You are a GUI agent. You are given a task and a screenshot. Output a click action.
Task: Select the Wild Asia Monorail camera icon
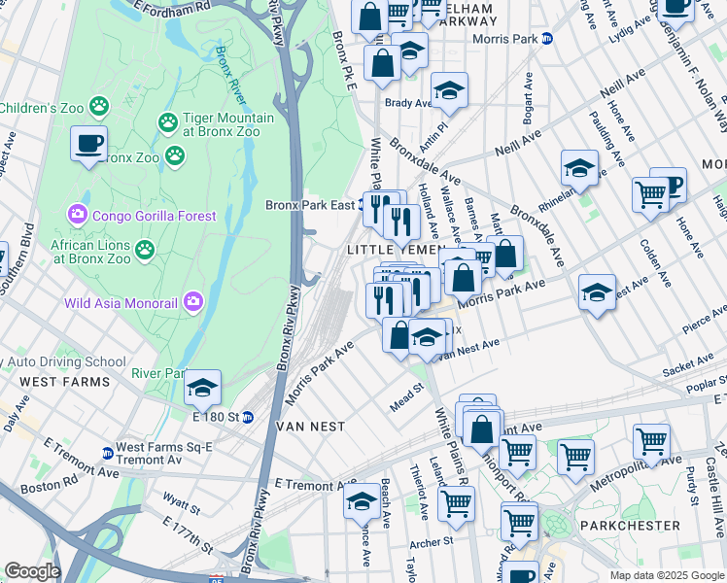click(194, 302)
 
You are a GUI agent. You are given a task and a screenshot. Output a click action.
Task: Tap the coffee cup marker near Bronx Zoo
click(88, 144)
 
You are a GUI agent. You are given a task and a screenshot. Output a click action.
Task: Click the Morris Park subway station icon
click(547, 39)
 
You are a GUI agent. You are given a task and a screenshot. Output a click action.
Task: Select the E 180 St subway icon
click(247, 418)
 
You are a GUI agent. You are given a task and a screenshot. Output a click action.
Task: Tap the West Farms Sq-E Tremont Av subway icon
click(107, 453)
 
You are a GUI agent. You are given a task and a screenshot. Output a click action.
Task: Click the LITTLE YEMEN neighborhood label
click(397, 250)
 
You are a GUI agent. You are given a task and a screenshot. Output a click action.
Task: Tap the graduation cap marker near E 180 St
click(202, 388)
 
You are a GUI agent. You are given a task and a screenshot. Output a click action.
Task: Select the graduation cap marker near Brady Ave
click(449, 90)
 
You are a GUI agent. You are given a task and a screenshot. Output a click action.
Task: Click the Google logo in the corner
click(32, 571)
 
